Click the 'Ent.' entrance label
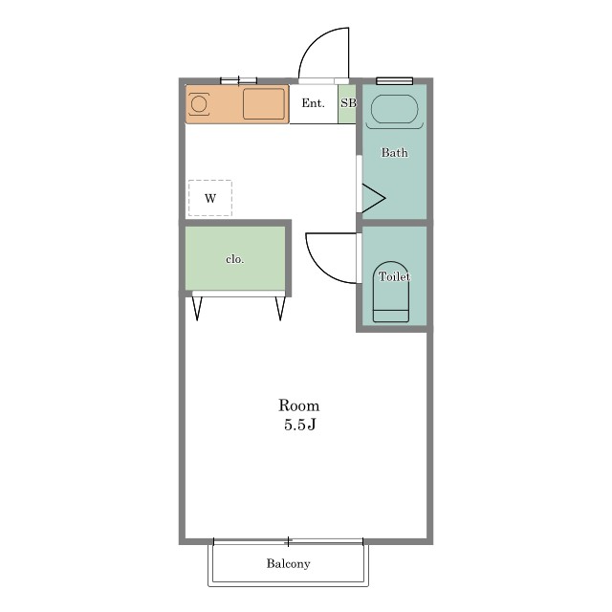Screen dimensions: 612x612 click(x=313, y=103)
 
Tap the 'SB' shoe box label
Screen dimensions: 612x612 click(x=348, y=103)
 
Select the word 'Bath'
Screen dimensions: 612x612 click(x=395, y=152)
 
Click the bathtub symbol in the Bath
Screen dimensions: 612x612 click(x=394, y=109)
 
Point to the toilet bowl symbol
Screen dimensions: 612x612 click(x=391, y=292)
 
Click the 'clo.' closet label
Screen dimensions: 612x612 click(x=235, y=259)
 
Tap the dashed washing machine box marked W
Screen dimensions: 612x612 click(x=210, y=198)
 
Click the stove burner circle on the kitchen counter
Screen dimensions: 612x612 click(x=199, y=104)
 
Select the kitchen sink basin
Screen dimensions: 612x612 click(x=264, y=104)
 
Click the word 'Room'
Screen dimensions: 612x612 click(x=299, y=405)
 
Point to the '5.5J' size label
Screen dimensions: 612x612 click(x=299, y=425)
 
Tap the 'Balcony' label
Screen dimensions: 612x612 click(x=289, y=563)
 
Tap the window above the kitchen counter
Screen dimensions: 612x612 click(x=238, y=80)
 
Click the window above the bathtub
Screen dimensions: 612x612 click(x=395, y=80)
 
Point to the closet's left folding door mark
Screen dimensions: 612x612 click(x=197, y=308)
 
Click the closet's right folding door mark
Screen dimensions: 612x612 click(x=280, y=308)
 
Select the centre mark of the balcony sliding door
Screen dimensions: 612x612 click(x=289, y=541)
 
